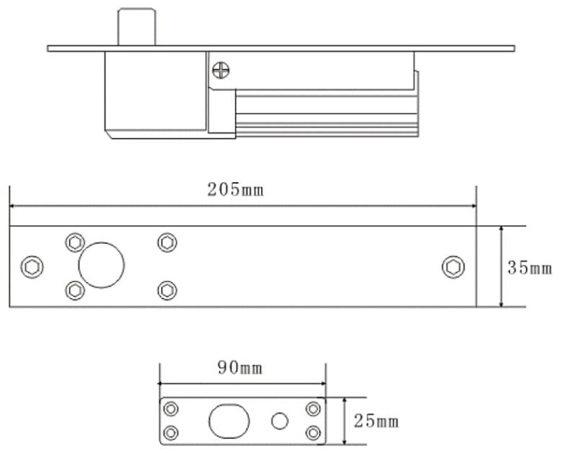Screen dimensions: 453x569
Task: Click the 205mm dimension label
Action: tap(236, 190)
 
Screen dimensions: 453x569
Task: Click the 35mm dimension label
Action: tap(530, 268)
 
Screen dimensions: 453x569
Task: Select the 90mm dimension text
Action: tap(241, 369)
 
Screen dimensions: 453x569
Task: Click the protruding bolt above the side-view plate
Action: tap(137, 27)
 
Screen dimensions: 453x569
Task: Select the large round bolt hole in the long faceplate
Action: tap(101, 266)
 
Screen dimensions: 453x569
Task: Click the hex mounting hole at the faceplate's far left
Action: tap(33, 267)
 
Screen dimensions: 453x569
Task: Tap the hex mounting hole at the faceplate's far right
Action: tap(454, 267)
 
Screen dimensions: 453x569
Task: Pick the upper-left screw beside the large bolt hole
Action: tap(74, 242)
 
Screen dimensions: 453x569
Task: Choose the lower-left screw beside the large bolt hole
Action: tap(74, 290)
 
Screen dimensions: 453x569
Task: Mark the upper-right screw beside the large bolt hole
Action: tap(167, 242)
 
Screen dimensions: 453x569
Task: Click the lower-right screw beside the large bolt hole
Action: tap(167, 290)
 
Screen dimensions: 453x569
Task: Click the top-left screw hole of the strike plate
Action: tap(172, 409)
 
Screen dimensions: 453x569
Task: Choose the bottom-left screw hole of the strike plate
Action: tap(172, 433)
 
